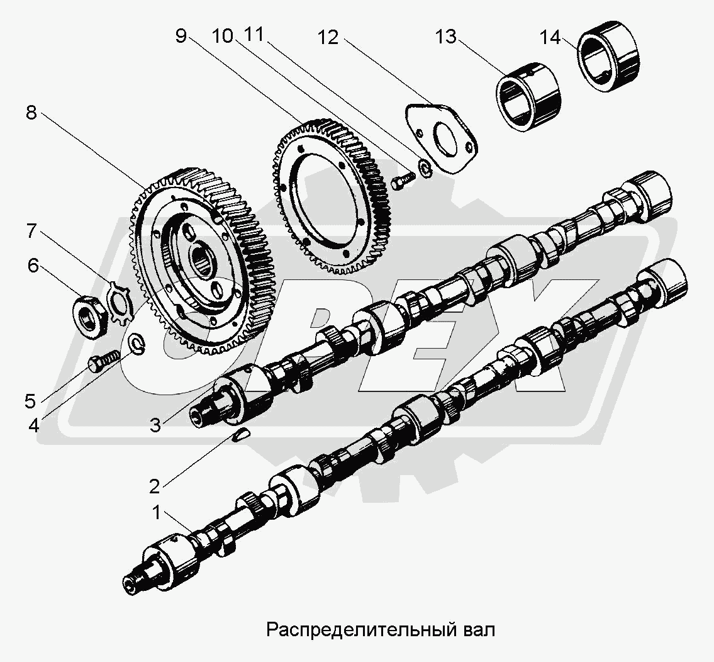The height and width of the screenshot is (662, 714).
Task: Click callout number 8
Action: tap(31, 113)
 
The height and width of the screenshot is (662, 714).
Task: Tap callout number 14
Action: tap(549, 38)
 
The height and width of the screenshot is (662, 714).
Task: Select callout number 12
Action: tap(328, 38)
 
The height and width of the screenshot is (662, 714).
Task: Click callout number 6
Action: tap(32, 266)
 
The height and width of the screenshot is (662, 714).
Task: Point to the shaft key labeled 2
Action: tap(242, 435)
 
